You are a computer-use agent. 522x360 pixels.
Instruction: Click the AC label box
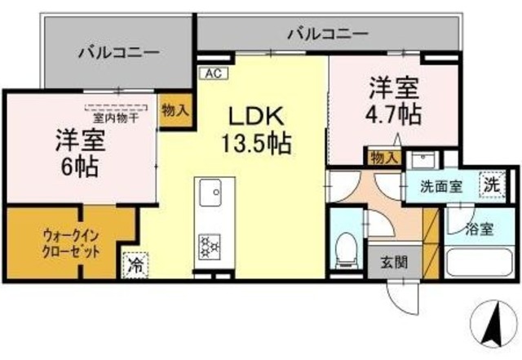point(213,72)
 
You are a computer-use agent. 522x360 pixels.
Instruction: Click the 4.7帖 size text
point(394,113)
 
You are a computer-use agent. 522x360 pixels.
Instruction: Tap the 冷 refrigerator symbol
point(136,265)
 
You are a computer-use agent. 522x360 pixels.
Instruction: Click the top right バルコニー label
point(327,33)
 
